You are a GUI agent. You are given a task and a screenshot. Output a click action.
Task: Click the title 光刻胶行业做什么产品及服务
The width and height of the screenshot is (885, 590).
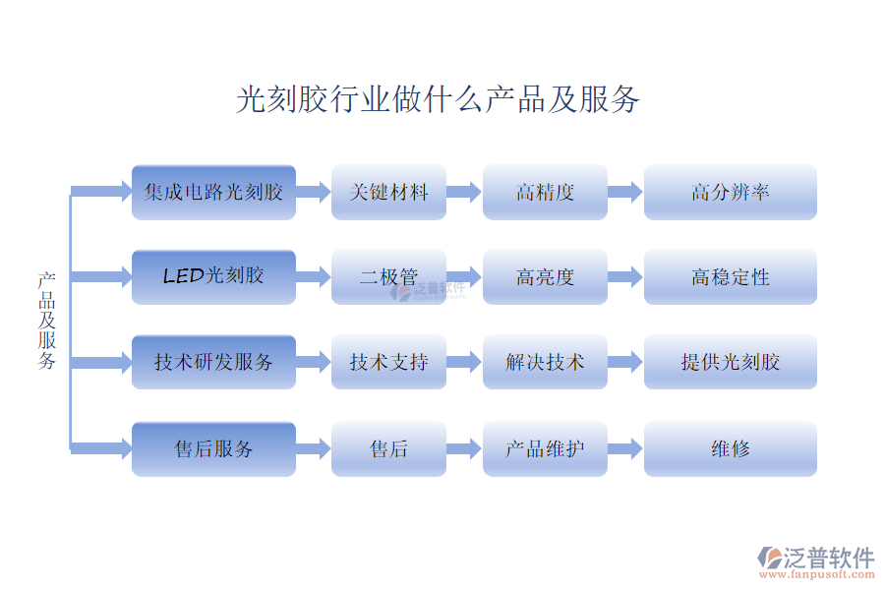click(439, 99)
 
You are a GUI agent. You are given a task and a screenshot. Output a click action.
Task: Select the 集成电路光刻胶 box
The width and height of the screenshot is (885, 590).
click(213, 192)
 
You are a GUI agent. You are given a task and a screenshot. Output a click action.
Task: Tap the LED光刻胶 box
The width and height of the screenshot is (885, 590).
click(213, 276)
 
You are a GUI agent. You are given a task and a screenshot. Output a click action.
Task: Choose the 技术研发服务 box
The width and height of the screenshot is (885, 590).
click(213, 362)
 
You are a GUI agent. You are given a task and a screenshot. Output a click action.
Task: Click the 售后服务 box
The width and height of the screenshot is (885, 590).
click(213, 448)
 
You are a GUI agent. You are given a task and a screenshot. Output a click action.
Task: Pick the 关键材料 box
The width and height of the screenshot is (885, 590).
click(388, 192)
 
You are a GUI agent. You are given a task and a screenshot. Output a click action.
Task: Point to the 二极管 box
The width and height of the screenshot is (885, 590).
click(388, 276)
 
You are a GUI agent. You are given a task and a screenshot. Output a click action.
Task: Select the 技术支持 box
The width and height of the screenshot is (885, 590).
click(388, 362)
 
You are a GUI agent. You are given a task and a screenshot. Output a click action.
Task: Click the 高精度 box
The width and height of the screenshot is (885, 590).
click(544, 192)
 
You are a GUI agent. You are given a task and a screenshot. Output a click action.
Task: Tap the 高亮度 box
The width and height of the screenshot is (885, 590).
click(544, 276)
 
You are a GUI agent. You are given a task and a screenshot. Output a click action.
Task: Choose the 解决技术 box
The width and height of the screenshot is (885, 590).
click(544, 362)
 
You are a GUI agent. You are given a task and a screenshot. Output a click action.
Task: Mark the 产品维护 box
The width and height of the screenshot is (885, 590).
click(544, 448)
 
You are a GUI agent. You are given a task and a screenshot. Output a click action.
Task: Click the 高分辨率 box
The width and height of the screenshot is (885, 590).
click(730, 192)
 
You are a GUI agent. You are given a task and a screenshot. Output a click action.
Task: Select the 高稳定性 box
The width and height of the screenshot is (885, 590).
click(730, 276)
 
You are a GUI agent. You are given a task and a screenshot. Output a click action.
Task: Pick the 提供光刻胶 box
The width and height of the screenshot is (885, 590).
click(730, 362)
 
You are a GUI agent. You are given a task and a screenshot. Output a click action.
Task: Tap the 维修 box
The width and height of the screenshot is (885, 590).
click(730, 448)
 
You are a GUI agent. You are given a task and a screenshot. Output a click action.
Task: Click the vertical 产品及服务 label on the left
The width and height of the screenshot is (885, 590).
click(47, 321)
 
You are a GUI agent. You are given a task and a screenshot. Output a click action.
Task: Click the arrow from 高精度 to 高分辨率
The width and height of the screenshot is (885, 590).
click(624, 192)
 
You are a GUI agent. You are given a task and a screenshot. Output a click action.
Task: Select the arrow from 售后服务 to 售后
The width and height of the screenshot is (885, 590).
click(313, 449)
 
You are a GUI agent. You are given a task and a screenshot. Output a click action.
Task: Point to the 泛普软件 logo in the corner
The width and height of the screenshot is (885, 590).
click(816, 560)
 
